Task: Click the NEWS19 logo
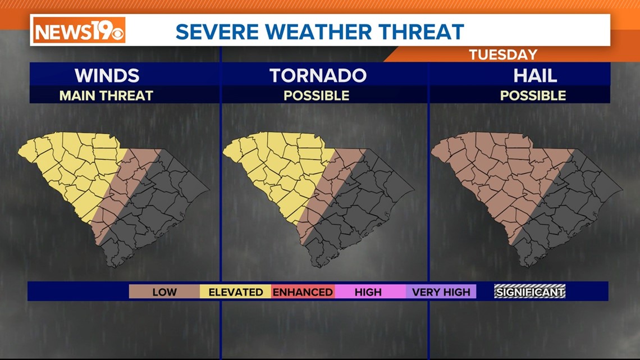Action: pyautogui.click(x=79, y=30)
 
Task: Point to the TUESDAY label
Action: pyautogui.click(x=503, y=54)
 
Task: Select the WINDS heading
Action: pyautogui.click(x=107, y=75)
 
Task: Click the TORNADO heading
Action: pyautogui.click(x=318, y=75)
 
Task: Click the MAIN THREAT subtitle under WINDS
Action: pyautogui.click(x=106, y=95)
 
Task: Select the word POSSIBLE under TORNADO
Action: pyautogui.click(x=317, y=95)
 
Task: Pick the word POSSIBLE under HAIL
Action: pyautogui.click(x=533, y=95)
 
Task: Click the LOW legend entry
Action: pyautogui.click(x=164, y=292)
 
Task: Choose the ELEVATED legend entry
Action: pyautogui.click(x=236, y=292)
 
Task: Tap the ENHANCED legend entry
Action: pyautogui.click(x=303, y=292)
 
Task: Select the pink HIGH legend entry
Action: pyautogui.click(x=368, y=292)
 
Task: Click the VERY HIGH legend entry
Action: pyautogui.click(x=441, y=292)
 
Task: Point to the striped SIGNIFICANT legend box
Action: pyautogui.click(x=529, y=291)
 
